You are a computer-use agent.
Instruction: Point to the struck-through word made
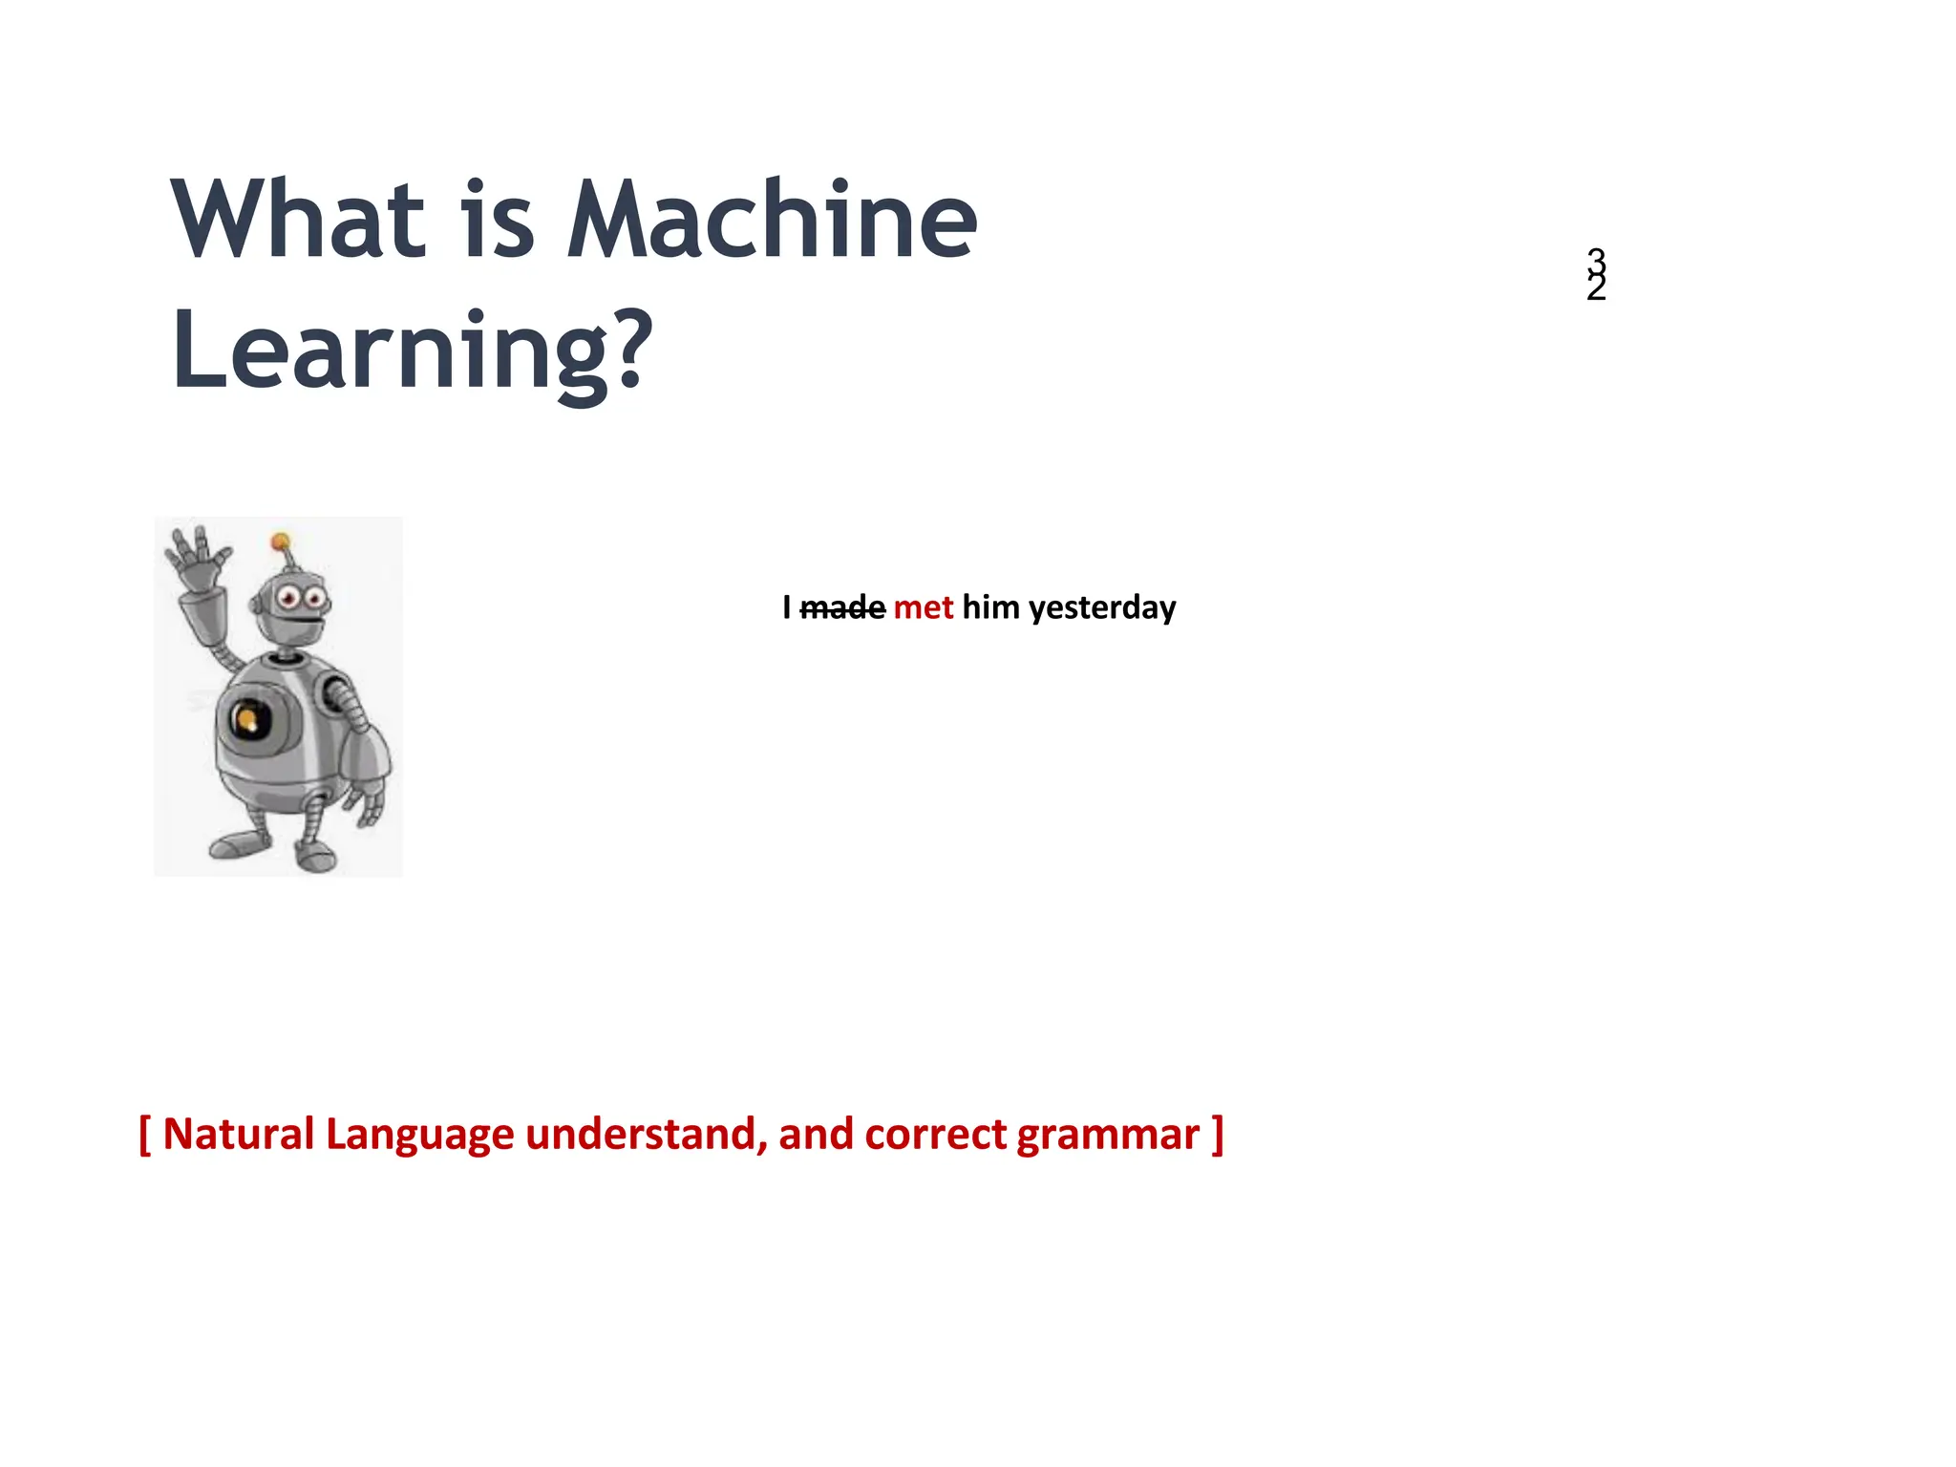[842, 607]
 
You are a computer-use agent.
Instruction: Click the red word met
[923, 607]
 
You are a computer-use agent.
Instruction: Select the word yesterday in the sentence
[1101, 607]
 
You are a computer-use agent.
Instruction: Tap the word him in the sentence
[990, 607]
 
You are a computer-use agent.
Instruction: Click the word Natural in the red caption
[238, 1135]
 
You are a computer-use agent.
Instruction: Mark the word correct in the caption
[935, 1135]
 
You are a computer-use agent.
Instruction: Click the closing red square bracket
[1217, 1135]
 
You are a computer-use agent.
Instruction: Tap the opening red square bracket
[145, 1135]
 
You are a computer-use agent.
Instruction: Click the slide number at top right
[1596, 274]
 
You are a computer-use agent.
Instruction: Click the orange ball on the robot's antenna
[280, 542]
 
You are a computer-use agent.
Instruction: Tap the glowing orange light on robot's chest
[247, 719]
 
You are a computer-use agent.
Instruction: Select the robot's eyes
[302, 599]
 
